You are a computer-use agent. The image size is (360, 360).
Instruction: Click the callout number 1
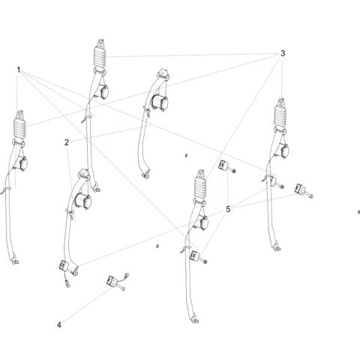click(19, 70)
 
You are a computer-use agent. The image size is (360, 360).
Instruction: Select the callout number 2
click(66, 142)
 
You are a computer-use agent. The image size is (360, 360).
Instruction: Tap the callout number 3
click(283, 53)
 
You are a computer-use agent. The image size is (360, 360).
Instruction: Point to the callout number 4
click(59, 325)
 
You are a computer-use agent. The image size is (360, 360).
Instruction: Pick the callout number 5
click(228, 209)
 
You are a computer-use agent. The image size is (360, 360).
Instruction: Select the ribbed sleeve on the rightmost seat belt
click(280, 116)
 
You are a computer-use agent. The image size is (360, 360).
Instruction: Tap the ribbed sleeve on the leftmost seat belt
click(19, 129)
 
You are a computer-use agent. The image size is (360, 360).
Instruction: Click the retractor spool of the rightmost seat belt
click(284, 151)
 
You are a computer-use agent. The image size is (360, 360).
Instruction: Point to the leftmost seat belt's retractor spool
click(21, 163)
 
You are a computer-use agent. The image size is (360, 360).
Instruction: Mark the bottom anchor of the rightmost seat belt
click(277, 247)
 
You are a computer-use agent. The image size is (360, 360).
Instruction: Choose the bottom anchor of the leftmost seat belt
click(15, 260)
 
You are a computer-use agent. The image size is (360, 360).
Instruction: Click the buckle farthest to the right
click(304, 190)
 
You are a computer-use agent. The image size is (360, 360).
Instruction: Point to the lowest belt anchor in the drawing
click(194, 320)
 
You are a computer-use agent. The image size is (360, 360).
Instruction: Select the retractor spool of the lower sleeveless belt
click(83, 201)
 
